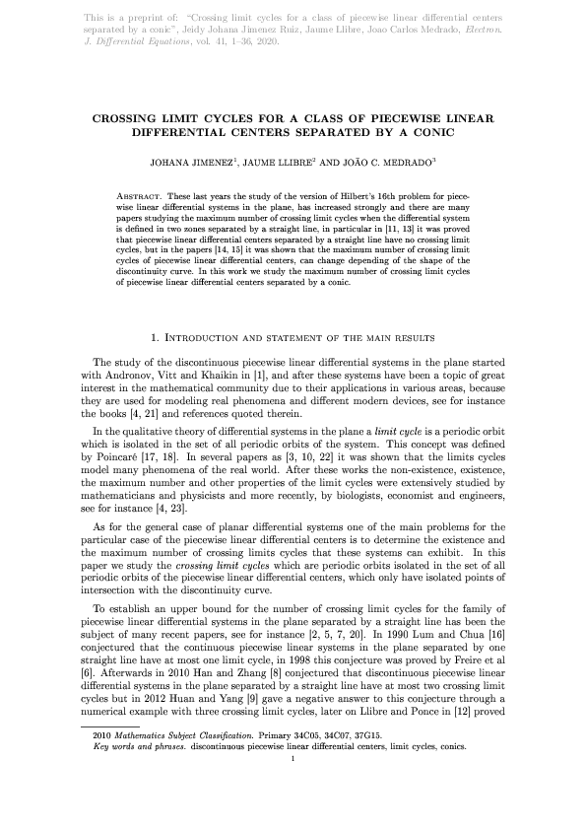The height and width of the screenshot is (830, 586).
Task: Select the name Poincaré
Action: point(126,457)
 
